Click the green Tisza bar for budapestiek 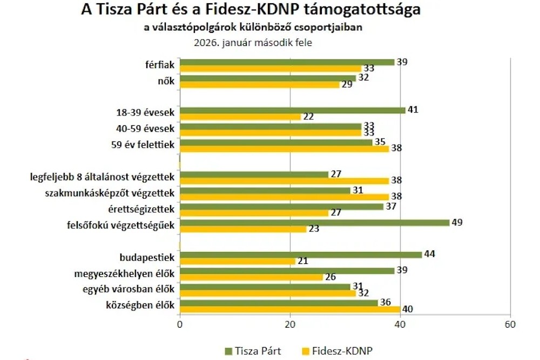click(300, 254)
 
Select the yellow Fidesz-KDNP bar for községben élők click(289, 309)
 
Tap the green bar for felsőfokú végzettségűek click(314, 222)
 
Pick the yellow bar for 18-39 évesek click(240, 117)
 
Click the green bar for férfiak click(287, 62)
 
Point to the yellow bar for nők click(259, 84)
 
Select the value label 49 click(458, 222)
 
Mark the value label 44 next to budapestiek click(430, 254)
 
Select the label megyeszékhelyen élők click(133, 273)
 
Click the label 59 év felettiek click(142, 145)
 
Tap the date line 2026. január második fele click(253, 42)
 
